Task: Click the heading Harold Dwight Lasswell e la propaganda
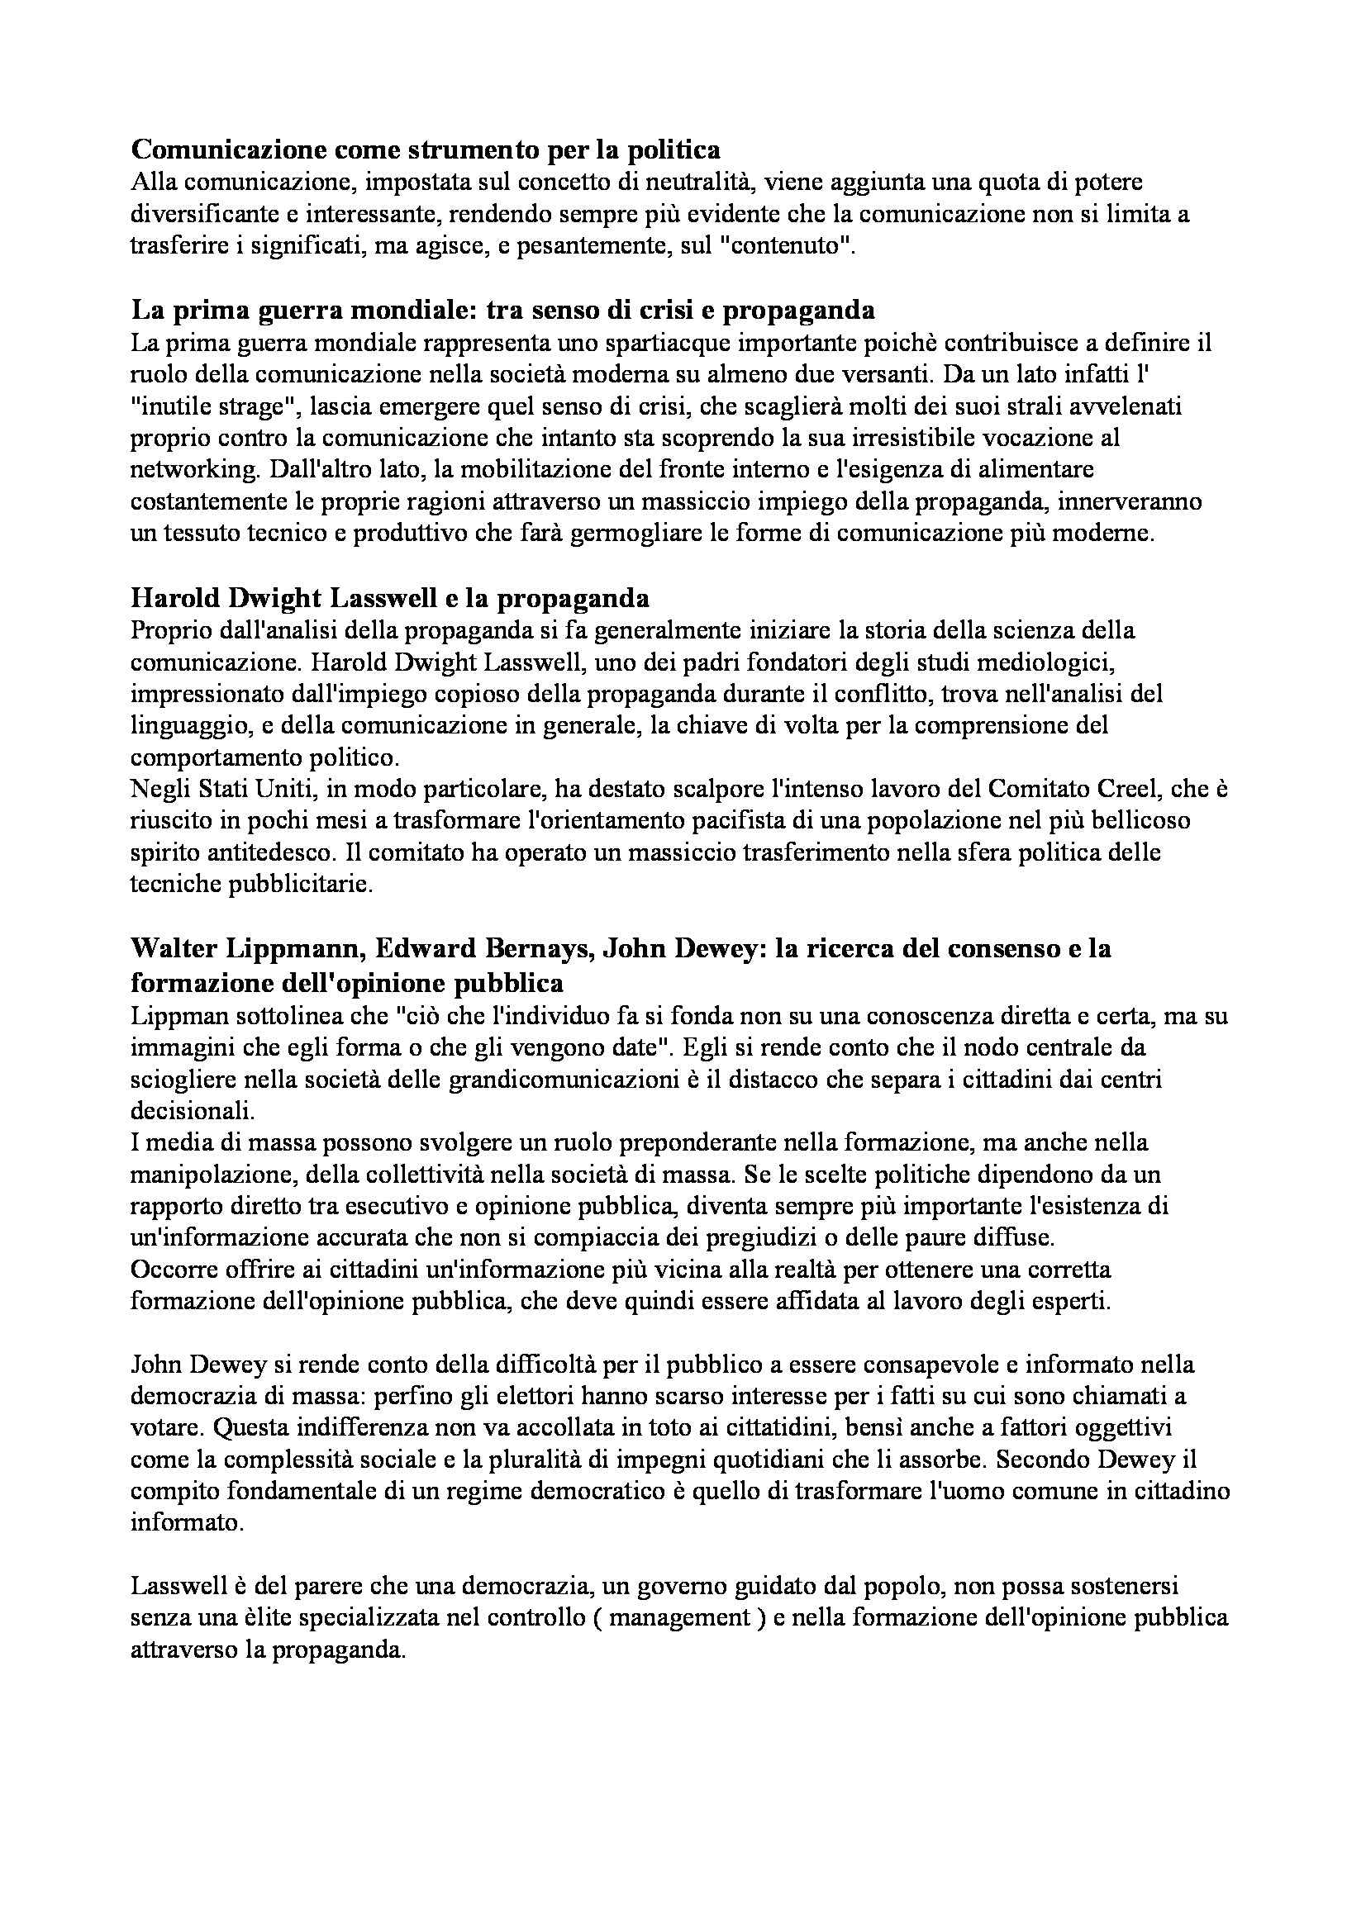click(391, 598)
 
